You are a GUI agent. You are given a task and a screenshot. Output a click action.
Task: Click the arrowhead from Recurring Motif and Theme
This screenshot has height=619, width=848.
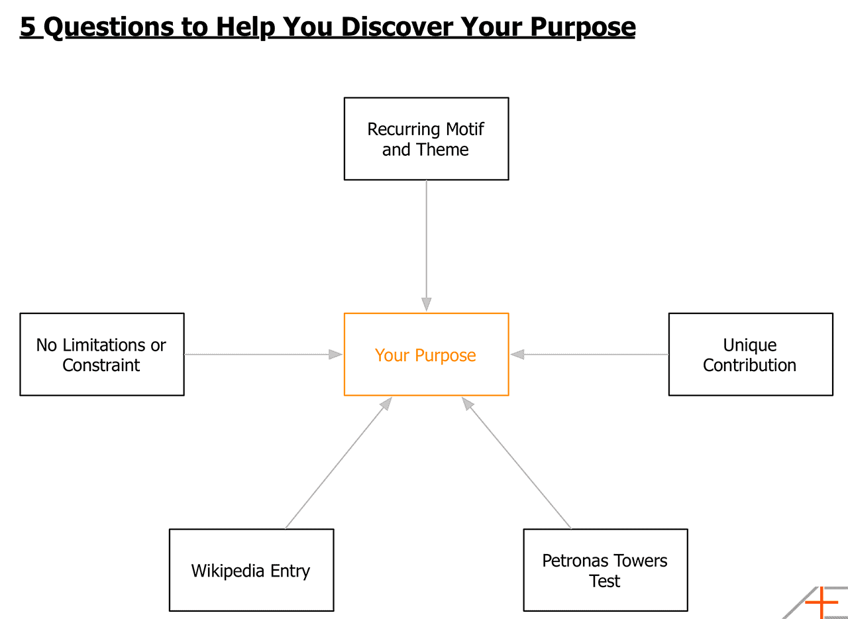pyautogui.click(x=426, y=304)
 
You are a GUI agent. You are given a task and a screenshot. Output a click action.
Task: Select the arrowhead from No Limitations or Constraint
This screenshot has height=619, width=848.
pyautogui.click(x=335, y=354)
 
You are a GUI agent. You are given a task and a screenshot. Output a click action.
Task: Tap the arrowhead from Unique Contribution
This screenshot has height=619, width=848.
pyautogui.click(x=517, y=354)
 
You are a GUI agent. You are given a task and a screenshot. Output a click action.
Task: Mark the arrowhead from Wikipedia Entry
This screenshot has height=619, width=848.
pyautogui.click(x=386, y=404)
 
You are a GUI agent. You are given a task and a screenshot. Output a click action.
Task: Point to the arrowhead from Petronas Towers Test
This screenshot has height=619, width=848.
pyautogui.click(x=468, y=404)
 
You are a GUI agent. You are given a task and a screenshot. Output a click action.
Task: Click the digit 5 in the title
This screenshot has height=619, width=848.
pyautogui.click(x=28, y=27)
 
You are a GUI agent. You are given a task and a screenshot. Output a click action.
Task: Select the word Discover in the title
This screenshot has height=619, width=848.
pyautogui.click(x=397, y=27)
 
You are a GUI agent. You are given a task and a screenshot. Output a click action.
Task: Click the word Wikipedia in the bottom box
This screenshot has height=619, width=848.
pyautogui.click(x=227, y=571)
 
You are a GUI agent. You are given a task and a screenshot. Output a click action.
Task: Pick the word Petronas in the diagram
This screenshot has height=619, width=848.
pyautogui.click(x=572, y=560)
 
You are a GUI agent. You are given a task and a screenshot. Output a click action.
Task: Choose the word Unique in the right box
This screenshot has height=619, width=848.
pyautogui.click(x=750, y=345)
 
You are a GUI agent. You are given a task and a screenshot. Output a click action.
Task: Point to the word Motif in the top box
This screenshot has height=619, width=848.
pyautogui.click(x=465, y=129)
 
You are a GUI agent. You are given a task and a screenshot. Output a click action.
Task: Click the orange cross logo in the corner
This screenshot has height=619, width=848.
pyautogui.click(x=821, y=602)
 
